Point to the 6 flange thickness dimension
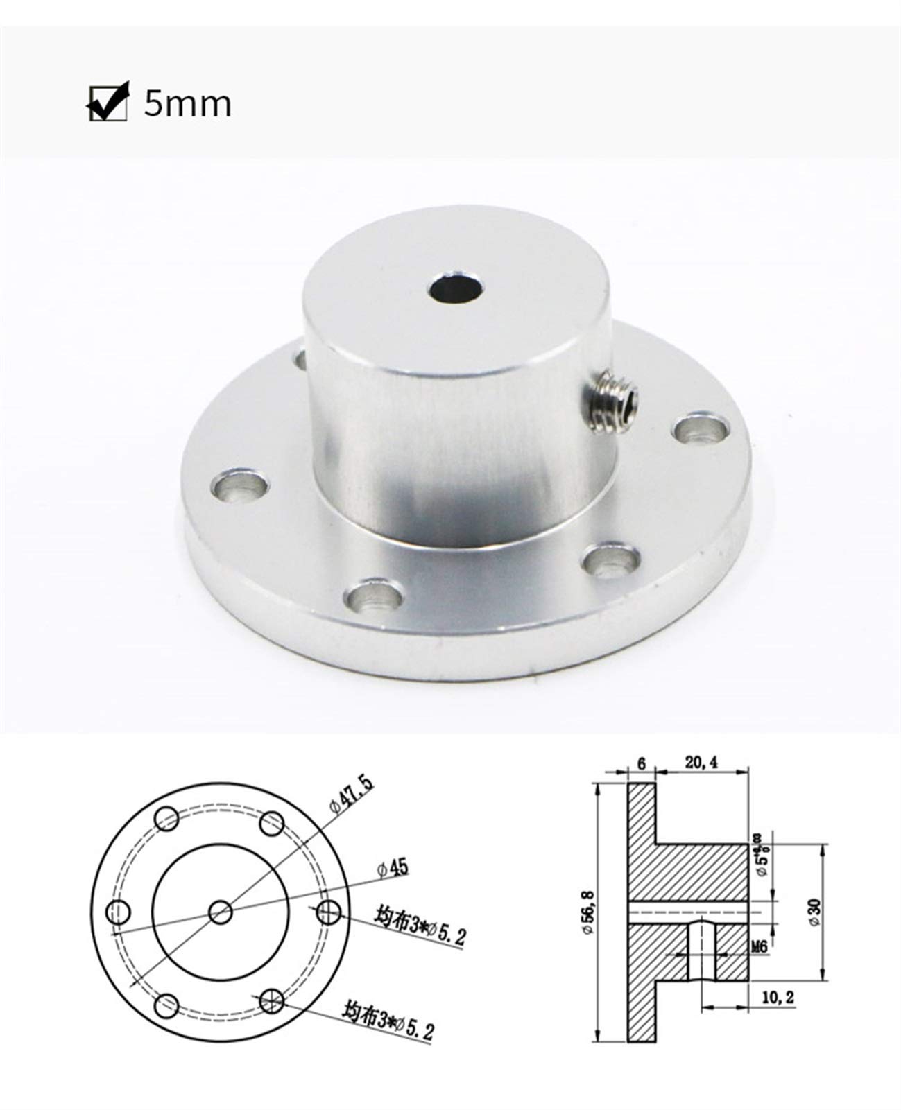click(x=640, y=763)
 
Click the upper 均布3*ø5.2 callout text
click(x=419, y=928)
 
